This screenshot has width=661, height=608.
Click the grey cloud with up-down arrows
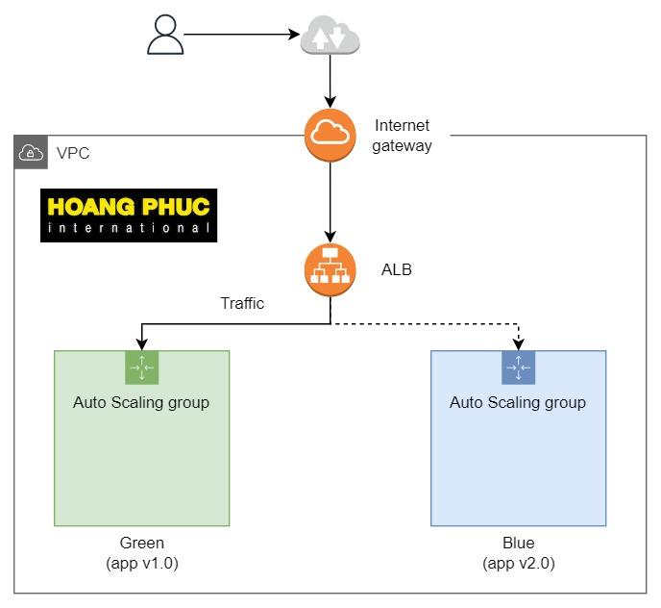tap(330, 38)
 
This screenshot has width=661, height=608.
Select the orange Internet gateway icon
tap(330, 136)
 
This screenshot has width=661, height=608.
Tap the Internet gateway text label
tap(403, 136)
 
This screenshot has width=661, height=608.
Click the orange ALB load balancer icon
tap(330, 270)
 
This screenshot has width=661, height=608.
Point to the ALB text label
tap(397, 270)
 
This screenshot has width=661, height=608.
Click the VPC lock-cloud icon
tap(32, 153)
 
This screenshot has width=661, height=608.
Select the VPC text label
tap(73, 153)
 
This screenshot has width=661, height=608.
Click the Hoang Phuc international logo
tap(129, 215)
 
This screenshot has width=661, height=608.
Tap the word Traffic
tap(242, 304)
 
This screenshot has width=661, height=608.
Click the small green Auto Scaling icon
tap(141, 367)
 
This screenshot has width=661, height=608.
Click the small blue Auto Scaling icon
tap(518, 367)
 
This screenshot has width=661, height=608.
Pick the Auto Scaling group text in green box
tap(141, 402)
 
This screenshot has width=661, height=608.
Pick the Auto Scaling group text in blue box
tap(518, 402)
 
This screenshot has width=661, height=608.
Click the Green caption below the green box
tap(142, 544)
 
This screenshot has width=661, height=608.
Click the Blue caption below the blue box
tap(519, 544)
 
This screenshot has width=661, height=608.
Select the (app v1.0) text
tap(142, 563)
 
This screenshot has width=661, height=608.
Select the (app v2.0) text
tap(519, 563)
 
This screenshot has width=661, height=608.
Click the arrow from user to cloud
tap(240, 35)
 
